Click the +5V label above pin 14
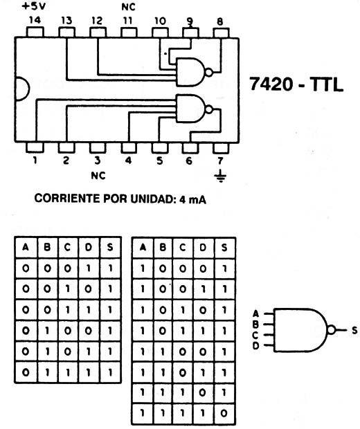33,6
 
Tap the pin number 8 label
220,21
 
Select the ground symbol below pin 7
221,176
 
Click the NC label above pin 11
128,7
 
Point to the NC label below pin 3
98,175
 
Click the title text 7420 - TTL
296,84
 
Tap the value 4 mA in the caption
192,199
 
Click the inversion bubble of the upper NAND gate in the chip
209,73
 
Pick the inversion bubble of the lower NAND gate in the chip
209,109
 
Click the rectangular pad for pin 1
35,147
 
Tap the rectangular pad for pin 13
66,33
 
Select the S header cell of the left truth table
110,247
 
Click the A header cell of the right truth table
143,248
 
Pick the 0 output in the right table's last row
224,413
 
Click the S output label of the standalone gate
354,330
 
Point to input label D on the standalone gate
255,346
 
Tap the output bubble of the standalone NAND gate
331,330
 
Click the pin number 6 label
189,161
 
